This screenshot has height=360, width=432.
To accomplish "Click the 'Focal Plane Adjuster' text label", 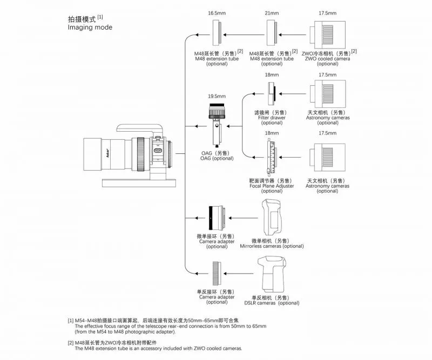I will [272, 186].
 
